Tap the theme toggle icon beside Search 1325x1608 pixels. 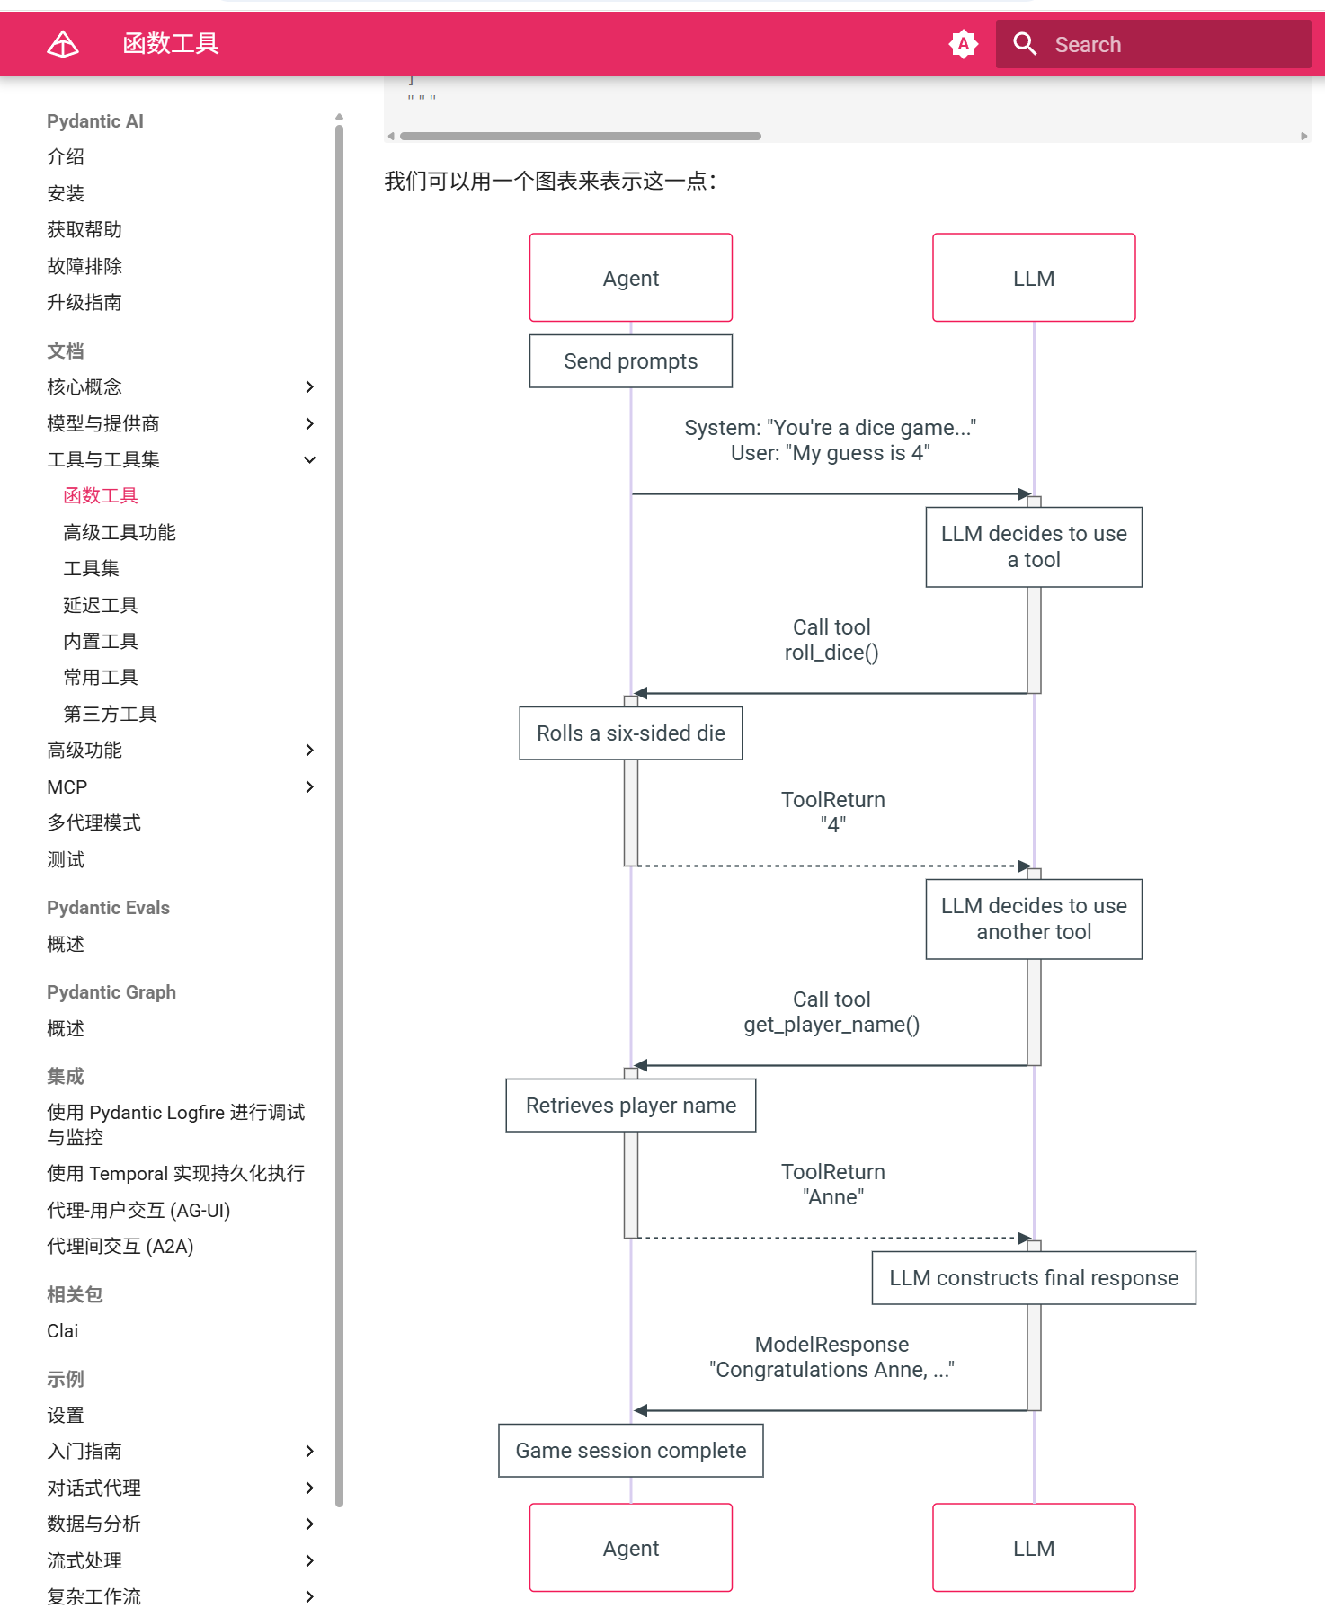pyautogui.click(x=963, y=44)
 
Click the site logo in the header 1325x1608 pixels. pyautogui.click(x=63, y=44)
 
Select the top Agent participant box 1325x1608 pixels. pyautogui.click(x=630, y=278)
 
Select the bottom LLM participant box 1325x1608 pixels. pyautogui.click(x=1034, y=1548)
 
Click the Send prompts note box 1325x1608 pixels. pyautogui.click(x=630, y=361)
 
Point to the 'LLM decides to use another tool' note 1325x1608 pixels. pyautogui.click(x=1034, y=919)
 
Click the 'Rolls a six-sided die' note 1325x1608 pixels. pyautogui.click(x=630, y=733)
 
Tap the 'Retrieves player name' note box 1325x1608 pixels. pyautogui.click(x=630, y=1106)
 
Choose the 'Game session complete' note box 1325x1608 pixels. pyautogui.click(x=630, y=1451)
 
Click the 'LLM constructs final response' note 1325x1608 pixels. pyautogui.click(x=1034, y=1278)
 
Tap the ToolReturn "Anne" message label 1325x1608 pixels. pyautogui.click(x=832, y=1185)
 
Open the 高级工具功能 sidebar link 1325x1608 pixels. pyautogui.click(x=120, y=532)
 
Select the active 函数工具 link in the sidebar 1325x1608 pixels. pyautogui.click(x=101, y=495)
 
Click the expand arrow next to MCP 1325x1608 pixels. pyautogui.click(x=309, y=786)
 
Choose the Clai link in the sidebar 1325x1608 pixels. pyautogui.click(x=63, y=1331)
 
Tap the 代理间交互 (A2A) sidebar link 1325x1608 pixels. pyautogui.click(x=120, y=1246)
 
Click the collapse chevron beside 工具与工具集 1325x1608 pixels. pyautogui.click(x=309, y=459)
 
